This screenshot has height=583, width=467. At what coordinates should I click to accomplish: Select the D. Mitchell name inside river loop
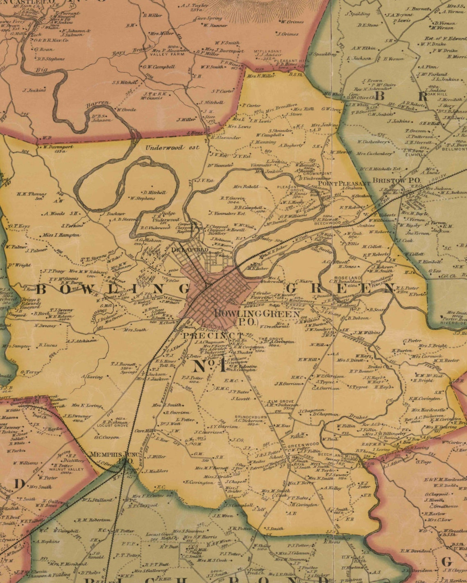click(154, 192)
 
